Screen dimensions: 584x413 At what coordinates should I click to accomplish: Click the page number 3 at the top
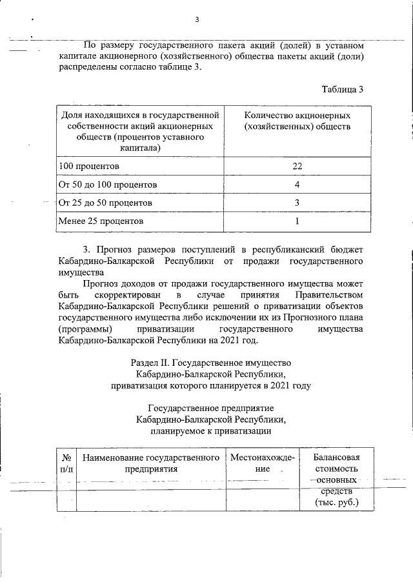(x=197, y=19)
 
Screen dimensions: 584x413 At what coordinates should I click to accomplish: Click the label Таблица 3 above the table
(x=342, y=89)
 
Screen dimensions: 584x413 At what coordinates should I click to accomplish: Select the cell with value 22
(x=297, y=166)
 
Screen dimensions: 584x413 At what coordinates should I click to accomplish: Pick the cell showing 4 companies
(x=297, y=185)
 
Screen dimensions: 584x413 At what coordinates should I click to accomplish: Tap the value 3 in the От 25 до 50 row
(x=297, y=203)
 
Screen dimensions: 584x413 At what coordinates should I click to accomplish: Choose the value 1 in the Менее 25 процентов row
(x=297, y=221)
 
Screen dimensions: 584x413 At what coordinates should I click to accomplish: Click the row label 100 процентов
(x=88, y=166)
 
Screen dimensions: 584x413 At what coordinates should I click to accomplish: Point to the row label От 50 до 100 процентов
(x=108, y=185)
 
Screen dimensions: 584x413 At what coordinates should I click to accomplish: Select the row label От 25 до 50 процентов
(x=105, y=203)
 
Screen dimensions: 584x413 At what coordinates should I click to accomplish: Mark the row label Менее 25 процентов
(x=101, y=221)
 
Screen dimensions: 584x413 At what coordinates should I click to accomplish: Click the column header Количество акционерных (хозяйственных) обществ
(x=297, y=121)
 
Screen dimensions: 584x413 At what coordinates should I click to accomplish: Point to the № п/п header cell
(x=66, y=463)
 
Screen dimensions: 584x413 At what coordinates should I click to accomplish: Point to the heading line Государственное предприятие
(x=211, y=408)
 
